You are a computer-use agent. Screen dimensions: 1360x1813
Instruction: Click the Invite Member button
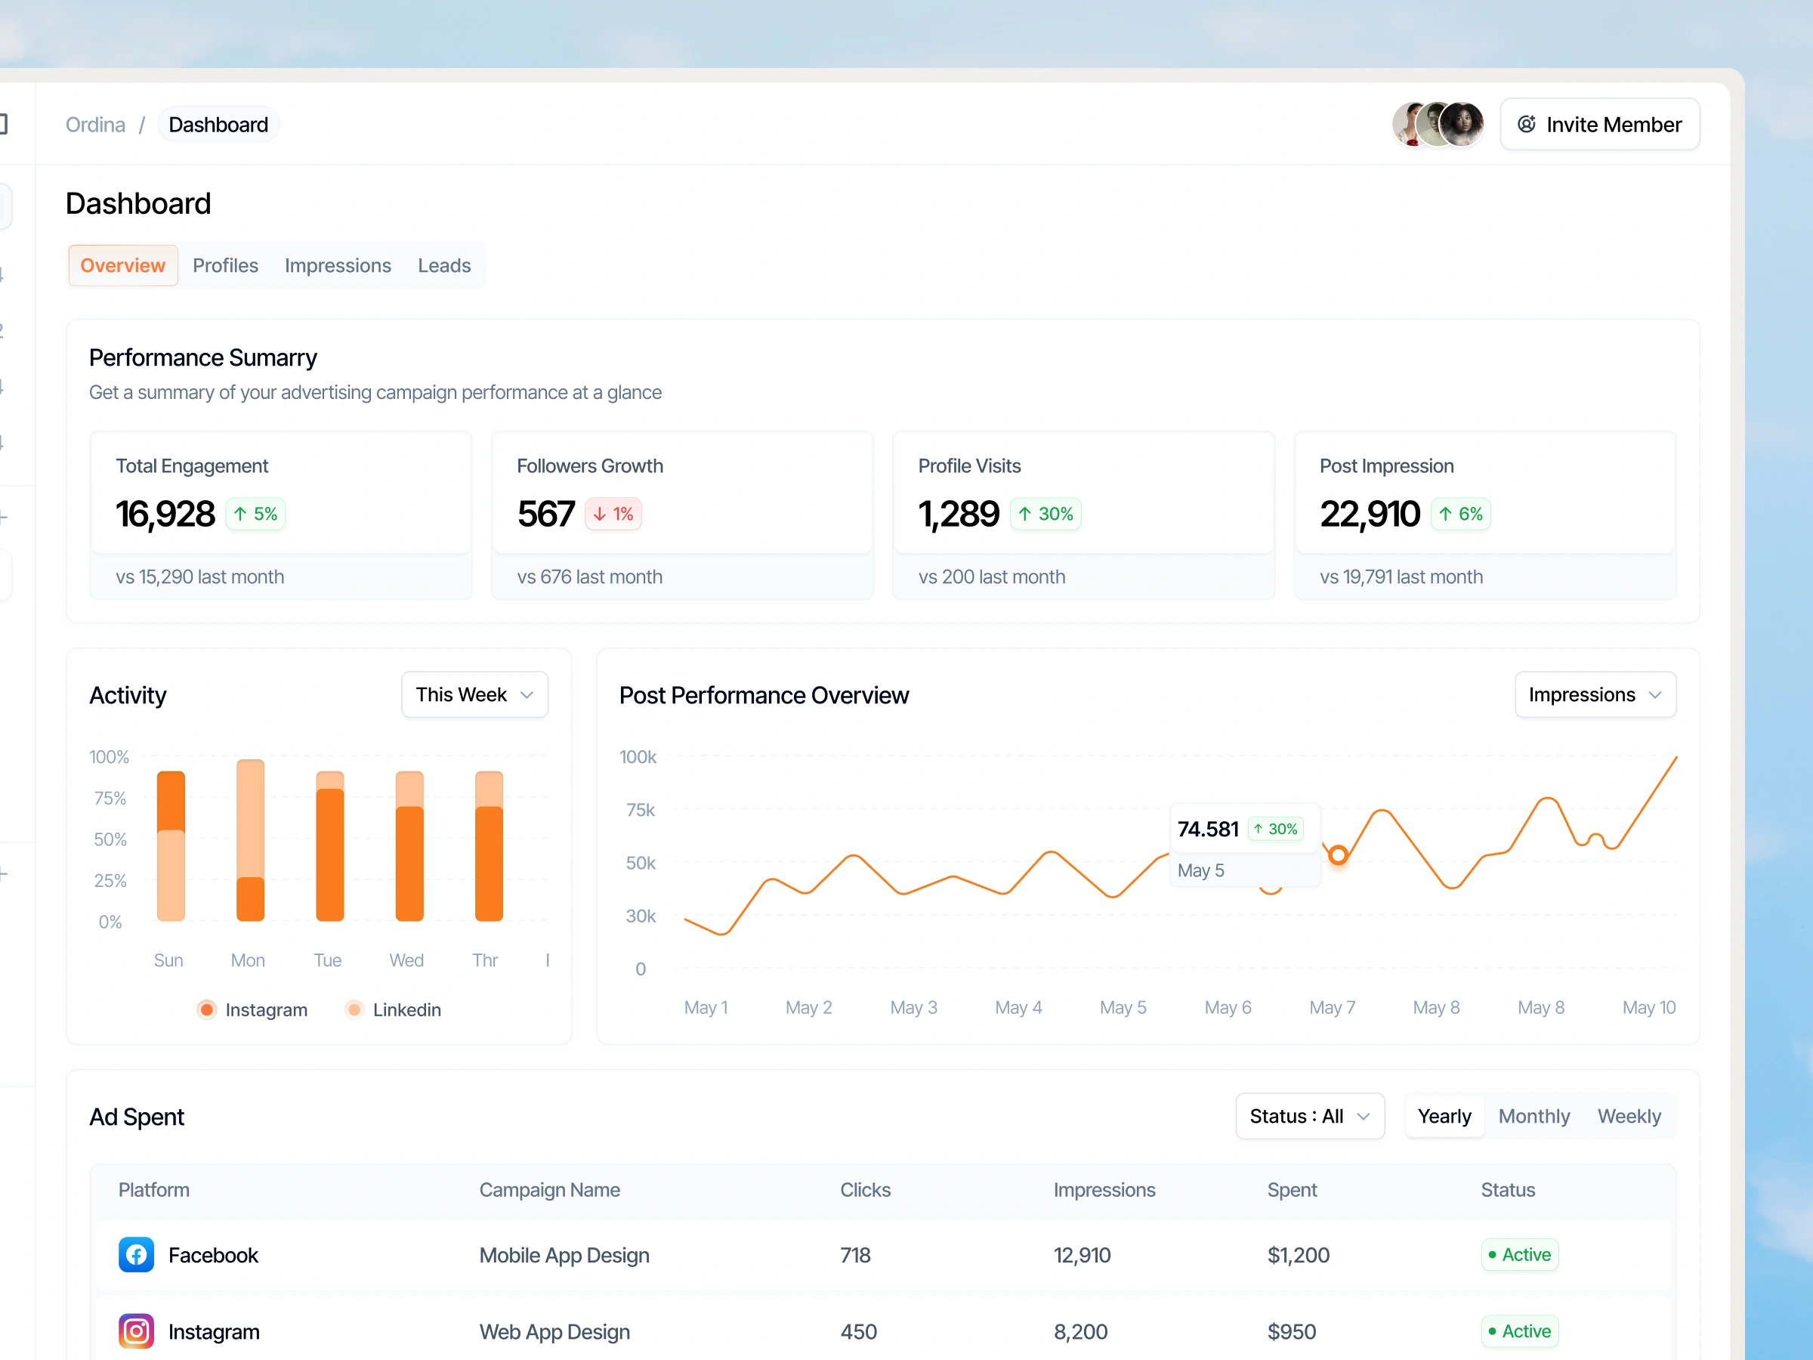pos(1599,125)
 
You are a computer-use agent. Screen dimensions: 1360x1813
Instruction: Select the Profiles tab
pos(225,266)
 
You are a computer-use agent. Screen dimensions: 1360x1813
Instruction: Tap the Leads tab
pos(443,266)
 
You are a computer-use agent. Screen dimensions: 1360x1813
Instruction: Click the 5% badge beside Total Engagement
pos(256,514)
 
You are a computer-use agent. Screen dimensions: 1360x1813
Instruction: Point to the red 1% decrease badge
pos(613,514)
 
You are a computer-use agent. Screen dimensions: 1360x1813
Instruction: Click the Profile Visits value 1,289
pos(958,514)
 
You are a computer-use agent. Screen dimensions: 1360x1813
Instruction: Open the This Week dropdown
pos(474,694)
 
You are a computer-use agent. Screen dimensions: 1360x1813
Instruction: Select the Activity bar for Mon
pos(250,840)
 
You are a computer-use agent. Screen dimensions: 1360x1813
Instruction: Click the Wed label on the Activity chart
pos(406,960)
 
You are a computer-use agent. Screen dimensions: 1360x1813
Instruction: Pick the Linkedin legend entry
pos(394,1010)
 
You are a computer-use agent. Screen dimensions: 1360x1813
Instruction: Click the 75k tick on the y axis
pos(640,810)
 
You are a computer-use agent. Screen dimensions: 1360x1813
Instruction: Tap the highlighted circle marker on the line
pos(1338,855)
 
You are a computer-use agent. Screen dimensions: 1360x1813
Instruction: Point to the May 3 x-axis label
pos(913,1007)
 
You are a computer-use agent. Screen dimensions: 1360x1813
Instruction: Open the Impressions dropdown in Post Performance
pos(1594,694)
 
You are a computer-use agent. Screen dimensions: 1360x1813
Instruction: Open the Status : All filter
pos(1309,1117)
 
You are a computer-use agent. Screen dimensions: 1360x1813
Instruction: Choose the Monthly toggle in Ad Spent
pos(1533,1117)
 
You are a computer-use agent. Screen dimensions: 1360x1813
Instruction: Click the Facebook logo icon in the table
pos(136,1255)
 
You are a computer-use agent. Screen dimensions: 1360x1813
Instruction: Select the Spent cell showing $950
pos(1292,1331)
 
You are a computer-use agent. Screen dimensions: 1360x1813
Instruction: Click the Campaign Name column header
pos(549,1189)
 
